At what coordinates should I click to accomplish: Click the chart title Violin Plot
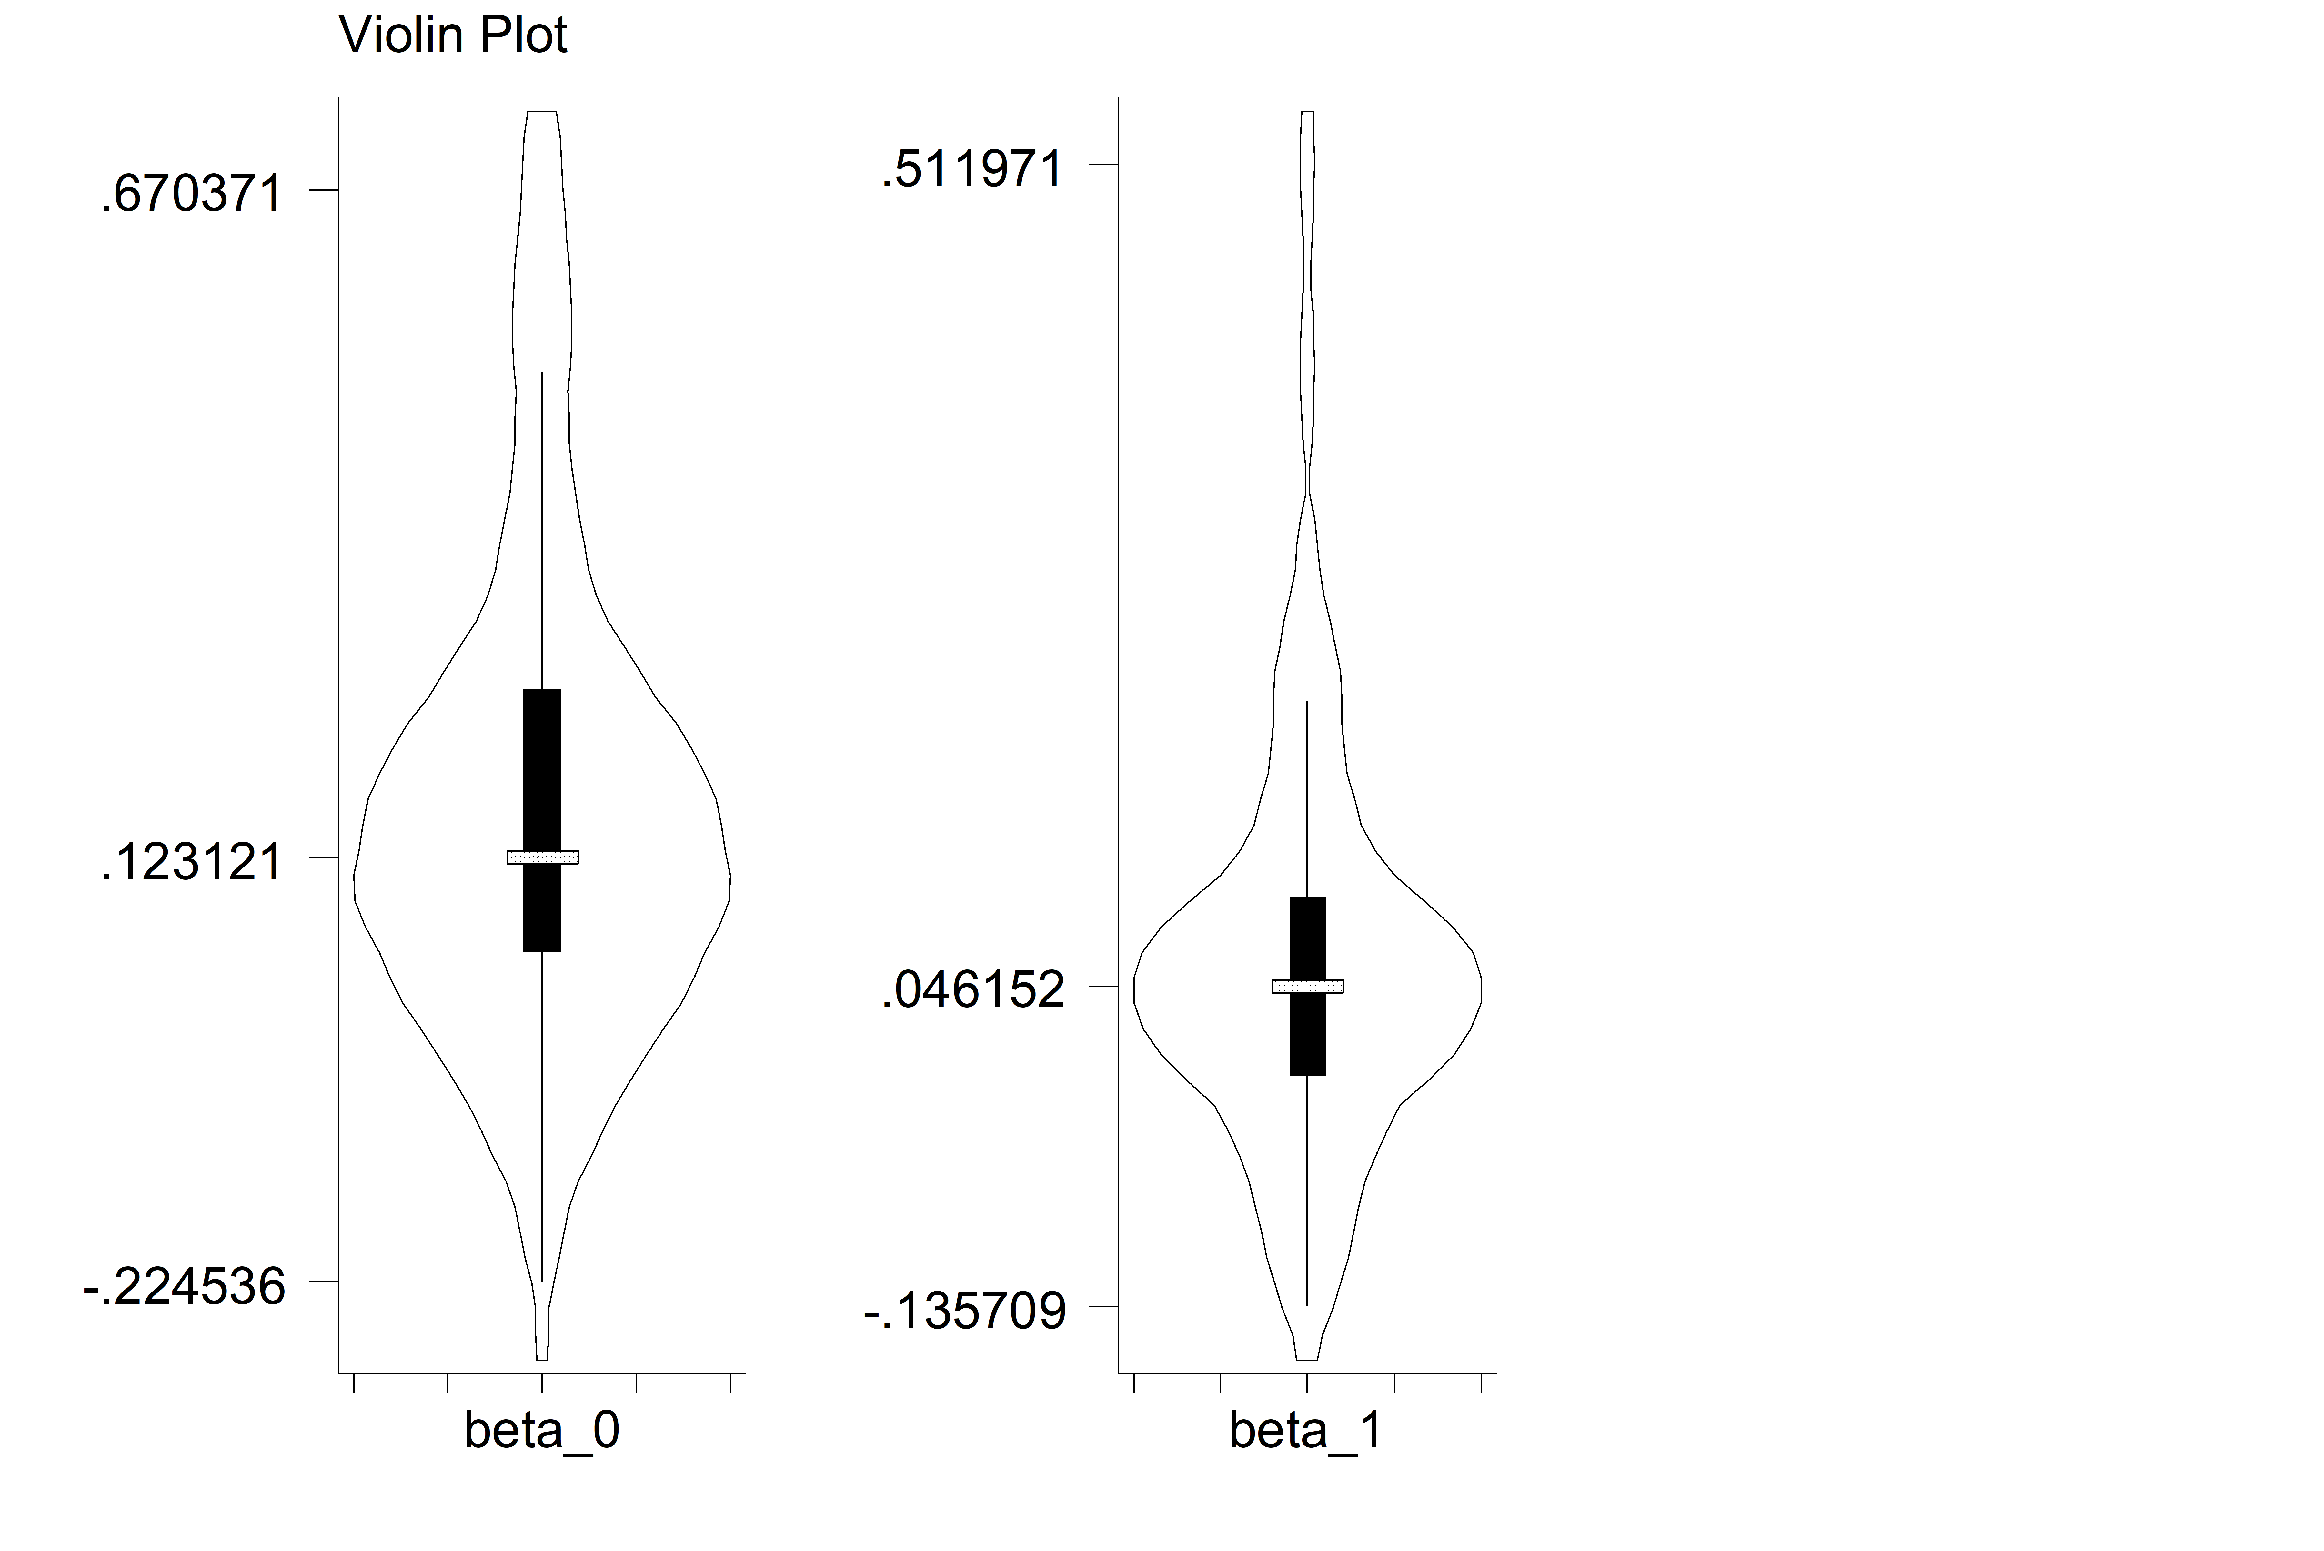click(453, 35)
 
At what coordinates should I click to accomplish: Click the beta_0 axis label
click(542, 1431)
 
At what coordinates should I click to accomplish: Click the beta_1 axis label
click(1306, 1431)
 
